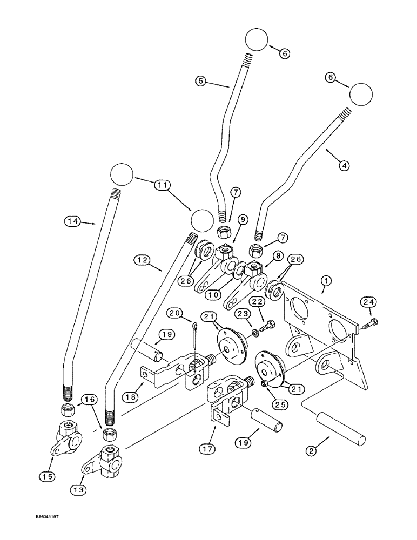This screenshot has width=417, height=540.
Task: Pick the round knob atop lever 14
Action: point(122,174)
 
